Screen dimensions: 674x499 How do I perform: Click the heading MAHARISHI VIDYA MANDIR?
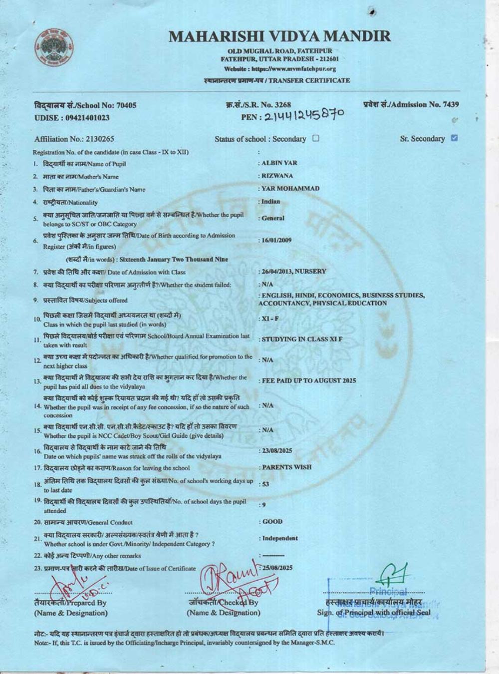click(x=279, y=36)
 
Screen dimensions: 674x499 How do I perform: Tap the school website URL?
click(x=280, y=69)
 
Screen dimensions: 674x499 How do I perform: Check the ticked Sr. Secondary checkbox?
click(x=454, y=138)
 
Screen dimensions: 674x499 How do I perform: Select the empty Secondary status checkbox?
click(x=316, y=138)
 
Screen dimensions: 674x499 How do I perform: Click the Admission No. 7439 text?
click(x=411, y=104)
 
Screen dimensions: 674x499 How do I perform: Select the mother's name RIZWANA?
click(x=277, y=176)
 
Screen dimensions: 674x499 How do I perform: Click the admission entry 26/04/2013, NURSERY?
click(x=294, y=272)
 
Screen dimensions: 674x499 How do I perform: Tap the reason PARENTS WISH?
click(x=286, y=467)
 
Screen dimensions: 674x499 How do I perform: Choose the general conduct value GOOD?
click(x=272, y=522)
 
